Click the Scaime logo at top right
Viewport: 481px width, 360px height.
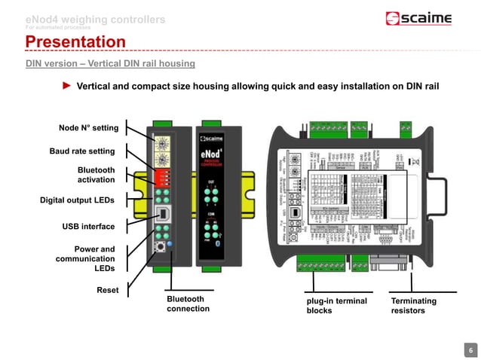click(x=418, y=19)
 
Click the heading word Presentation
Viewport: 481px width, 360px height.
click(x=75, y=41)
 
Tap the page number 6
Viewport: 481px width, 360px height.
click(x=470, y=350)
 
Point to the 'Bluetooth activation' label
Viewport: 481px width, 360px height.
click(x=96, y=175)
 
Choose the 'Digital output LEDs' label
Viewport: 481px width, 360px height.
click(x=78, y=200)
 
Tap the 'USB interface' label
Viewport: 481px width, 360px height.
click(x=88, y=226)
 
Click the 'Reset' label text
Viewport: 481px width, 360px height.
click(x=108, y=289)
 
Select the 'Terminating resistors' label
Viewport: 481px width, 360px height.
click(x=413, y=305)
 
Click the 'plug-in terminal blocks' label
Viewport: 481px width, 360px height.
click(x=337, y=305)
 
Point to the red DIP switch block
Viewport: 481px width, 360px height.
click(x=161, y=177)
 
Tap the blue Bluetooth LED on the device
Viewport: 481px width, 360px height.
click(x=171, y=245)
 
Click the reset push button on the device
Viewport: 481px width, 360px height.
click(x=160, y=246)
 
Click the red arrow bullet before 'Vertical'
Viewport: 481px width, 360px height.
click(x=66, y=86)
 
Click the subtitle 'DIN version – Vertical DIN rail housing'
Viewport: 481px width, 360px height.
click(x=110, y=63)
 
